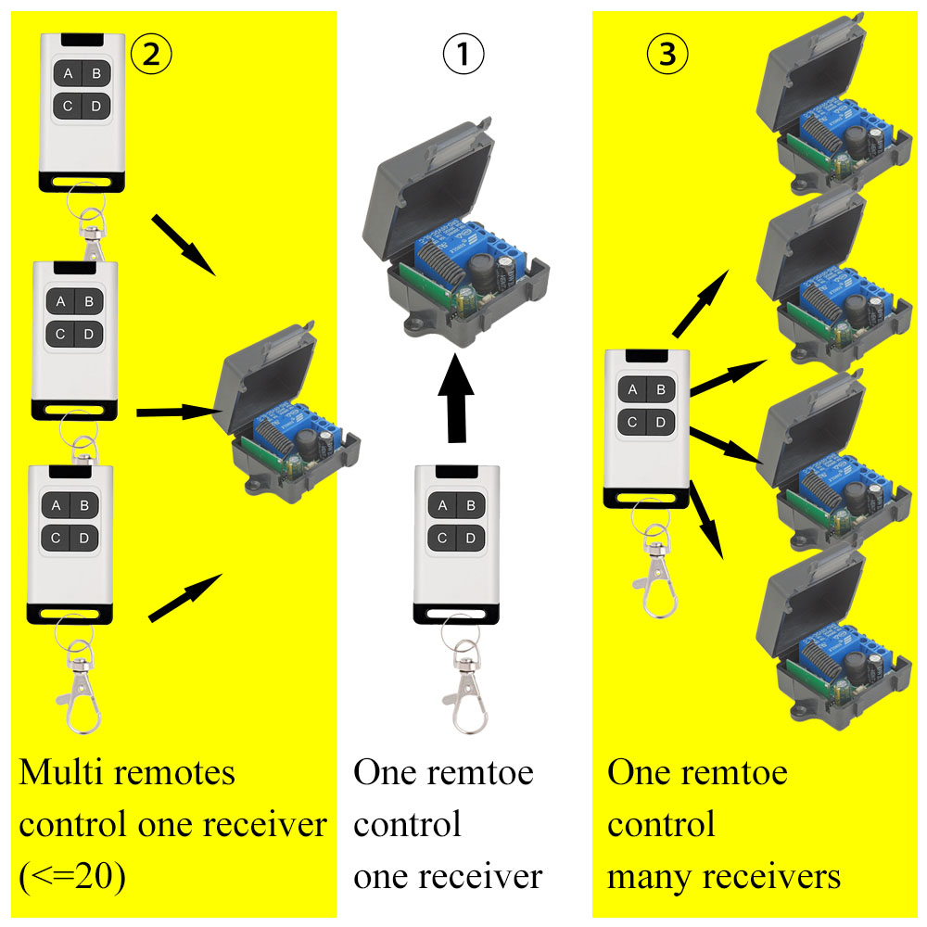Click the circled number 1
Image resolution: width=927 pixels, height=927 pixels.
pos(463,57)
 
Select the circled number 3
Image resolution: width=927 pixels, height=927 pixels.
pos(667,57)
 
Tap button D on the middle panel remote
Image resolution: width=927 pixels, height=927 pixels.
pos(470,538)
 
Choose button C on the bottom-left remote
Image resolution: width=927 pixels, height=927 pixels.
pos(57,537)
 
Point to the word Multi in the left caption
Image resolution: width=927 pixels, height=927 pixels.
pos(64,772)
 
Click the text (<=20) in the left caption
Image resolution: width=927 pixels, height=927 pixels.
pos(72,876)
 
